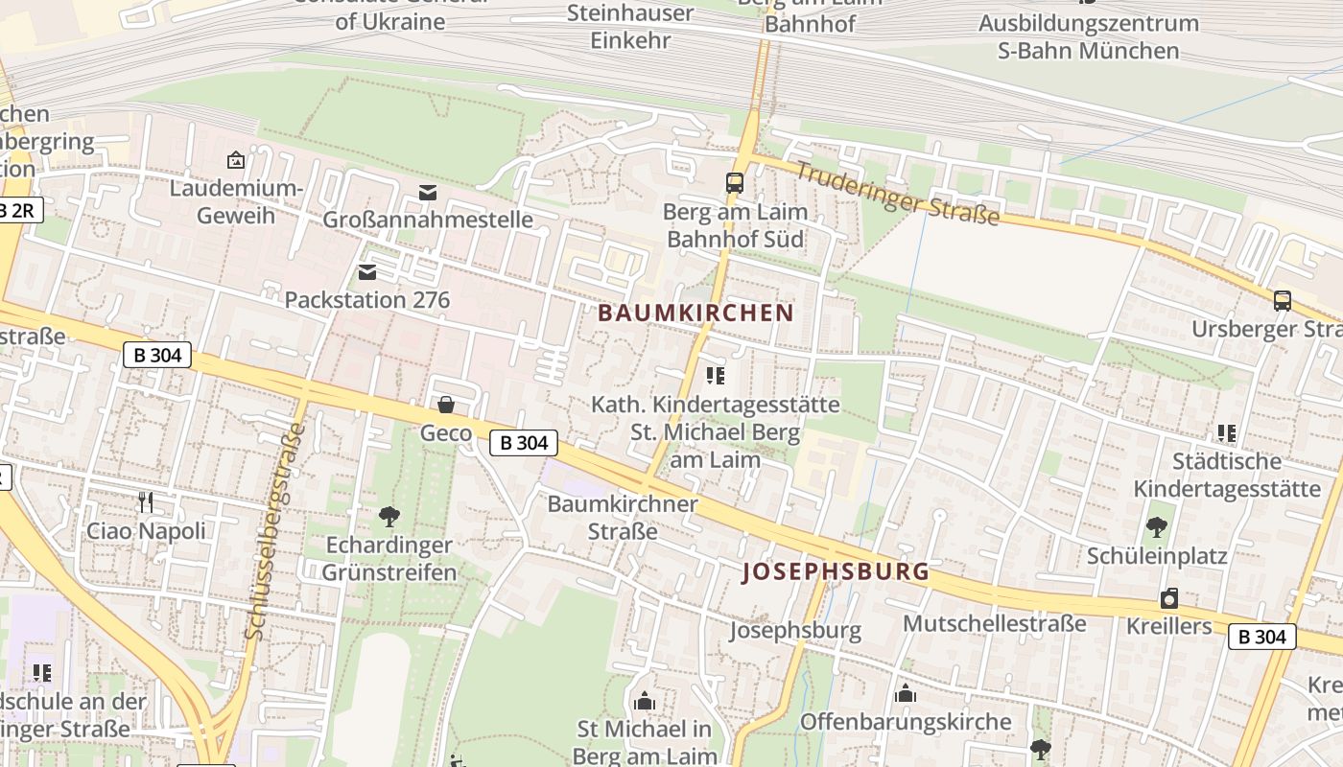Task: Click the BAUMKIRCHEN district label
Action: pyautogui.click(x=695, y=314)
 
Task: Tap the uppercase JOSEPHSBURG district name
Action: pyautogui.click(x=836, y=572)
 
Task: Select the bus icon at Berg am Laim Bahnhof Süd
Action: pyautogui.click(x=735, y=182)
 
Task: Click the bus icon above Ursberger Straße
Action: pyautogui.click(x=1283, y=301)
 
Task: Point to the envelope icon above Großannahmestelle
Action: pyautogui.click(x=427, y=193)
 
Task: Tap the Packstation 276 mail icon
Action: pyautogui.click(x=367, y=272)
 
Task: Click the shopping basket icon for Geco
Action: pyautogui.click(x=446, y=405)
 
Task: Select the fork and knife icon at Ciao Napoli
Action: pyautogui.click(x=146, y=501)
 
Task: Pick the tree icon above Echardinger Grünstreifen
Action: pyautogui.click(x=389, y=517)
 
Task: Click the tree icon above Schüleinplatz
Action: pyautogui.click(x=1157, y=526)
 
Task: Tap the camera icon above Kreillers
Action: pyautogui.click(x=1169, y=599)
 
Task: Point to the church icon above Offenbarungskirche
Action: pyautogui.click(x=906, y=693)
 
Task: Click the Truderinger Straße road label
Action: pyautogui.click(x=898, y=195)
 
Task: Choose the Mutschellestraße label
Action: pyautogui.click(x=995, y=624)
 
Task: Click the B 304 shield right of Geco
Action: pyautogui.click(x=524, y=442)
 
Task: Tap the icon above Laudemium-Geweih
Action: pyautogui.click(x=236, y=160)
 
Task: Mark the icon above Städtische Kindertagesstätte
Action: pyautogui.click(x=1226, y=433)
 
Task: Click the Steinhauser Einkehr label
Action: pyautogui.click(x=630, y=27)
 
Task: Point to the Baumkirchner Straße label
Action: pyautogui.click(x=623, y=517)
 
